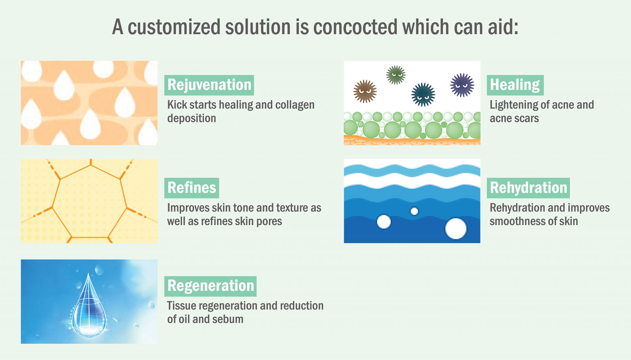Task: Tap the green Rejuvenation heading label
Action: pos(209,85)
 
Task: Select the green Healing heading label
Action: pos(515,85)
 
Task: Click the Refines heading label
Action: pos(192,188)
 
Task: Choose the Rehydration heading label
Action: pos(528,188)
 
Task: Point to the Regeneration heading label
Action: pos(210,286)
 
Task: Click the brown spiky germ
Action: pos(365,91)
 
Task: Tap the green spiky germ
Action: pos(396,75)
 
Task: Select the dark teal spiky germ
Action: pos(423,94)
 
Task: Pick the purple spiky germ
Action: pos(462,85)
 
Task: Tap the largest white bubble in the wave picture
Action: pos(456,229)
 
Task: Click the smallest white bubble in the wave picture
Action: pos(414,211)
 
